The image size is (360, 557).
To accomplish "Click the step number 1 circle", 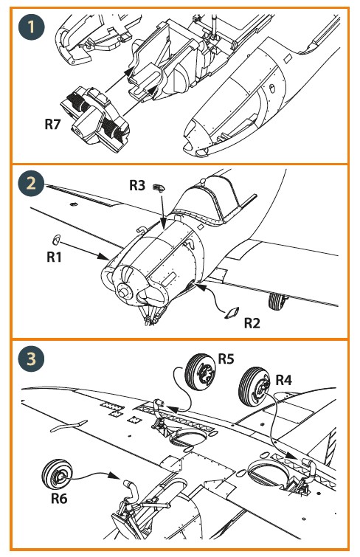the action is (31, 27).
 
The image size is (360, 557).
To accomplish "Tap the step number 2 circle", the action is (31, 184).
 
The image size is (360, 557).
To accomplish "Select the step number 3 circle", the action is (31, 359).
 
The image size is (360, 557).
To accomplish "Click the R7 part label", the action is (52, 125).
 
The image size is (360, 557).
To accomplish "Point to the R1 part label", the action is (54, 257).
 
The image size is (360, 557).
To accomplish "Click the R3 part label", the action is (137, 185).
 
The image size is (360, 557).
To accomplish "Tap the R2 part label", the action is (252, 323).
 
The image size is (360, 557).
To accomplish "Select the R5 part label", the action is (226, 359).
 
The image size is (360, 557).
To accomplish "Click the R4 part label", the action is (283, 380).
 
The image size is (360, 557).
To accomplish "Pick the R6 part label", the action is (59, 498).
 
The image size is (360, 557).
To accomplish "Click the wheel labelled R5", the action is (200, 372).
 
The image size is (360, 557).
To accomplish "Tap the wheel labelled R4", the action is (255, 387).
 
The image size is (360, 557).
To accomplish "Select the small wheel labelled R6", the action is (57, 475).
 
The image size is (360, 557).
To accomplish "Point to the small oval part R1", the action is (56, 240).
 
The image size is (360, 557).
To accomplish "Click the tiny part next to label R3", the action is (159, 187).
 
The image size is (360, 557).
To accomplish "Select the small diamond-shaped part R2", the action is (232, 313).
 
